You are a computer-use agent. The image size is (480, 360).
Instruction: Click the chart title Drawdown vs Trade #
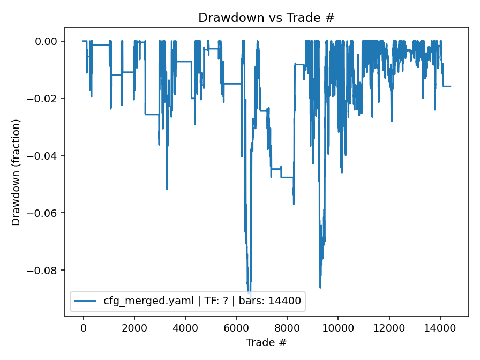266,18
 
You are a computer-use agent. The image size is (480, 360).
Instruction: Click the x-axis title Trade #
266,342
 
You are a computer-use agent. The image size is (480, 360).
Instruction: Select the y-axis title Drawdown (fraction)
16,172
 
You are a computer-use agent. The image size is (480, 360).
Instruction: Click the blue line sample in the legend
86,301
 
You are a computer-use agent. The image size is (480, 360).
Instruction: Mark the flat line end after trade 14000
451,86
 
